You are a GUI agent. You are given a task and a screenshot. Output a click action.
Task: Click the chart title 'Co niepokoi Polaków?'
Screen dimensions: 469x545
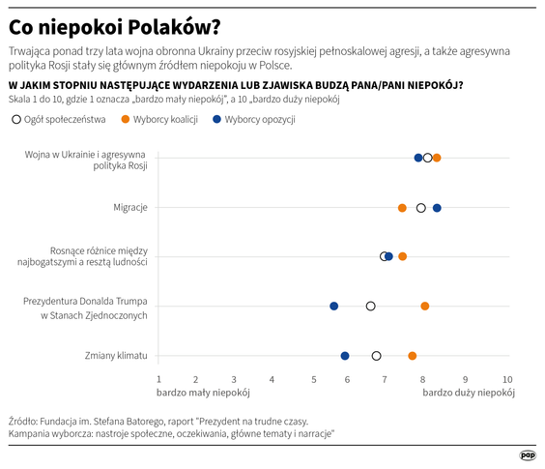coord(113,23)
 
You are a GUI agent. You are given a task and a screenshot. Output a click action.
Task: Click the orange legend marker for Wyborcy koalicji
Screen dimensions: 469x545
coord(127,120)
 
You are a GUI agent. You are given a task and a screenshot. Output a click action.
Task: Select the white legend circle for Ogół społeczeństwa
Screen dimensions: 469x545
coord(15,120)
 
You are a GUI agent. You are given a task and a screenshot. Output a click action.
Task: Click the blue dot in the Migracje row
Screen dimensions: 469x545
coord(437,208)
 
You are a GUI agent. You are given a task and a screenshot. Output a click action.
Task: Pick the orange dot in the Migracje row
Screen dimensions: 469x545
coord(402,208)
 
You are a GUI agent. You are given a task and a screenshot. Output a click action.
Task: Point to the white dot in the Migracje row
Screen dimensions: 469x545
coord(420,208)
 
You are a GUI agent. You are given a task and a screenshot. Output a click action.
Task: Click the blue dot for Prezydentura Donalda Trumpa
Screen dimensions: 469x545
coord(334,306)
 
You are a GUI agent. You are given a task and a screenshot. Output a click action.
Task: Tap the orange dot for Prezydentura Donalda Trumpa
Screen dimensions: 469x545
coord(425,306)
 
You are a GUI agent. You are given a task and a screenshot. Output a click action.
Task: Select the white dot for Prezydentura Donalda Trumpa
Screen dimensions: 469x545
coord(370,306)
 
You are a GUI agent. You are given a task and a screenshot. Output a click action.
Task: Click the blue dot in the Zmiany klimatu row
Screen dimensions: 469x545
coord(345,356)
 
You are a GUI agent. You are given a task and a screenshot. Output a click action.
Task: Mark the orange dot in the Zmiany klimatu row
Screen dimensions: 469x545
coord(413,356)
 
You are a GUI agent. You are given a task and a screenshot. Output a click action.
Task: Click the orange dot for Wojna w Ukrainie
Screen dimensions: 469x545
coord(437,158)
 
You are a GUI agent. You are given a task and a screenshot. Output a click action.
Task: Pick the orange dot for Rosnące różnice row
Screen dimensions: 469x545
coord(402,256)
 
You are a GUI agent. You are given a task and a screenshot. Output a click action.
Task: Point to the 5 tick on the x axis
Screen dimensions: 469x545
coord(314,379)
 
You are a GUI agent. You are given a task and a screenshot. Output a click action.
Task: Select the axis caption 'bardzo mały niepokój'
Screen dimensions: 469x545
coord(203,394)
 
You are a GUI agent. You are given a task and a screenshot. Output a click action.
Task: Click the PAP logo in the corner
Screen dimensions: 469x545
coord(528,454)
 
